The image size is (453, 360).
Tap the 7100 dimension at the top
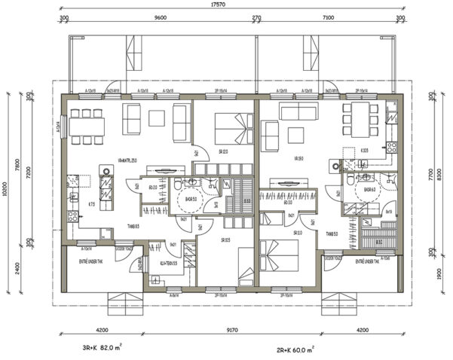coord(327,16)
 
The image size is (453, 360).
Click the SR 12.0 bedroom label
coord(225,151)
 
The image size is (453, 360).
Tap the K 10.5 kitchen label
coord(364,151)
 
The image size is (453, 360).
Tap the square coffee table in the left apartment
coord(157,118)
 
